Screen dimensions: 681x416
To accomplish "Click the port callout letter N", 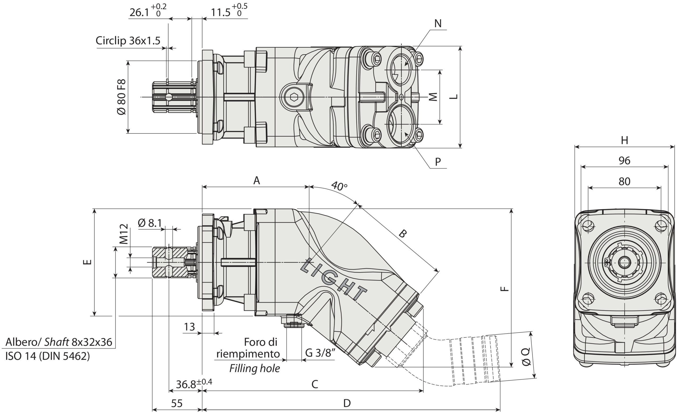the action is (438, 24).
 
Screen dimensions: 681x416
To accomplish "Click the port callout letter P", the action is (438, 162).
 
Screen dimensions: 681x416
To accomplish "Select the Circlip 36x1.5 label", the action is (128, 41).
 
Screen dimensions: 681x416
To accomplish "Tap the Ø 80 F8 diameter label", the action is (121, 97).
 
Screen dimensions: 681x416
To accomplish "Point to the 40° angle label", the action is (339, 186).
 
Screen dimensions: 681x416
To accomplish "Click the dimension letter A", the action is (257, 181).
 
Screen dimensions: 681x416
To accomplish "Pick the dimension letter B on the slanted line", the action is (403, 234).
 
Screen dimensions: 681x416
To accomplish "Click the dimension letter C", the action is (315, 384).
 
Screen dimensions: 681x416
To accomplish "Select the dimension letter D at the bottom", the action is (347, 403).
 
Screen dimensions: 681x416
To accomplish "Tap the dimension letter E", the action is (87, 262).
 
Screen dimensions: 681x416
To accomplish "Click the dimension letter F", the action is (505, 289).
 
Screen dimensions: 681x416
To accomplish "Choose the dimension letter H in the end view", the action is (625, 141).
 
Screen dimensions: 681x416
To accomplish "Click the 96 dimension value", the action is (624, 161).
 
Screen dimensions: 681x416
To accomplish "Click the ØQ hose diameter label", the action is (526, 356).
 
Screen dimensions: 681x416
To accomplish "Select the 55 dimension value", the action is (177, 404).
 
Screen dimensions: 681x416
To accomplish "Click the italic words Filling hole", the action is (255, 368).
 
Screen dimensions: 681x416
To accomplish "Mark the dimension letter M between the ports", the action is (433, 97).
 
